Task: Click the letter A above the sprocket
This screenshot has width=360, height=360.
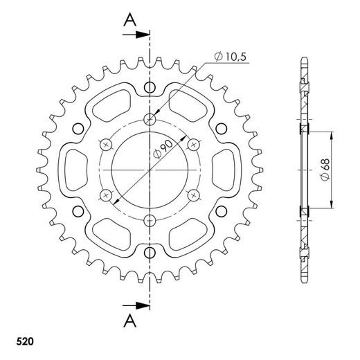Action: (129, 21)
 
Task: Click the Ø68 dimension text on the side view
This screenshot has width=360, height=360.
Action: (325, 169)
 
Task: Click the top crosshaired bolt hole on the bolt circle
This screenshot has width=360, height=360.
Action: (150, 118)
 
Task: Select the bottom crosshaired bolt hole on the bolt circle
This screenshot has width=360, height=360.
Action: (150, 221)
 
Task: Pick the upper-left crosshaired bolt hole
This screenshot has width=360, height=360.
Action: (105, 144)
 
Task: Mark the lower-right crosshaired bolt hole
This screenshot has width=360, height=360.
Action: (195, 195)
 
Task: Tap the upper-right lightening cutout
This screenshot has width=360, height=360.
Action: (189, 109)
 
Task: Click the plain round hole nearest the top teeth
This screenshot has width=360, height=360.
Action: (150, 86)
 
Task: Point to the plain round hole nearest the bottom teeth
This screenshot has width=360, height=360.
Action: (150, 253)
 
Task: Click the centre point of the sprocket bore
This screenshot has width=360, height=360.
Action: (150, 170)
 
